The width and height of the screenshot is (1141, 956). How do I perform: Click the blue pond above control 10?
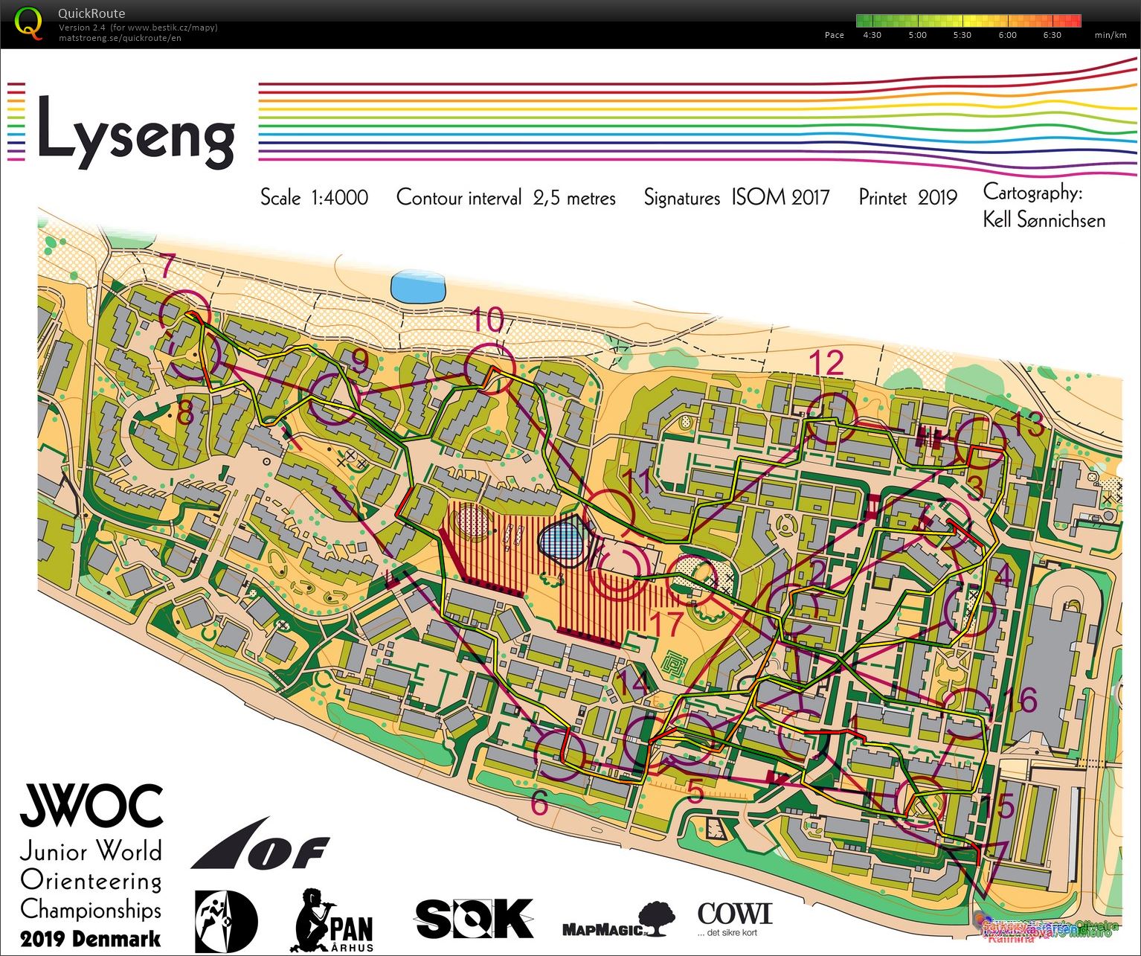[x=419, y=286]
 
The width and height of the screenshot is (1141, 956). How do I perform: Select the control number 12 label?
[x=826, y=363]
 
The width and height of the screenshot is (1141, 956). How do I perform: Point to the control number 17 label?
[x=666, y=623]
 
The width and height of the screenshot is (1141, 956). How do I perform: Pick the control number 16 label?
[x=1023, y=700]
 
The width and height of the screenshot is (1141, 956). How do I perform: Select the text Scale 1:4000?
[x=314, y=198]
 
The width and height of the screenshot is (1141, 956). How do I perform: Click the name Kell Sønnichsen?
[x=1044, y=220]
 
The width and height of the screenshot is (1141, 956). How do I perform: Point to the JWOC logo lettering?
[x=91, y=806]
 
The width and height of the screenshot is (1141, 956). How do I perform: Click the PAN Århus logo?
[x=334, y=921]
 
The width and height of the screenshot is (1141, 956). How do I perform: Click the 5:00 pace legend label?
[x=917, y=35]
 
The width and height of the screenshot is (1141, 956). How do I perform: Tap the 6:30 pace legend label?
[x=1052, y=35]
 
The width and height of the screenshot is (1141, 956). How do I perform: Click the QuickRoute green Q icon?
[x=29, y=22]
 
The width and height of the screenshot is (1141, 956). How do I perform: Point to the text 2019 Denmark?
[x=91, y=938]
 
